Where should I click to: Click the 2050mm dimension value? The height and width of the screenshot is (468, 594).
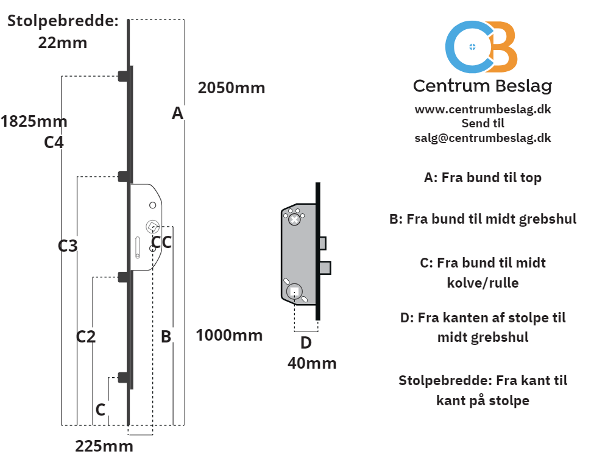pyautogui.click(x=231, y=88)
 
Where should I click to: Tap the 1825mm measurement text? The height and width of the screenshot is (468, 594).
pyautogui.click(x=34, y=122)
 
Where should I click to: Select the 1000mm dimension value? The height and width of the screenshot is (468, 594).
pyautogui.click(x=229, y=335)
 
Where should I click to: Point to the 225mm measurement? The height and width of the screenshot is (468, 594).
pyautogui.click(x=104, y=446)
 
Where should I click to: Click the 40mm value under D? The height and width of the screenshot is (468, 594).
pyautogui.click(x=312, y=363)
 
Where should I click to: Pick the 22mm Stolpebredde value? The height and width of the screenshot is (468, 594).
pyautogui.click(x=63, y=43)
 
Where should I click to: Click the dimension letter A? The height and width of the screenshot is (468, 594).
pyautogui.click(x=177, y=113)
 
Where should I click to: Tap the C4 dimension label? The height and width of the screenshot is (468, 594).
pyautogui.click(x=54, y=143)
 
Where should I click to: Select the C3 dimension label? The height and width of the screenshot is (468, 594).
pyautogui.click(x=68, y=246)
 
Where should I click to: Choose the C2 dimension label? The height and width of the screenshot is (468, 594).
pyautogui.click(x=86, y=336)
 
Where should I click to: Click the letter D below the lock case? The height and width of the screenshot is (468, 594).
pyautogui.click(x=306, y=342)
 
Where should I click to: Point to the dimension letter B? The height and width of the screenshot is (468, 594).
pyautogui.click(x=166, y=336)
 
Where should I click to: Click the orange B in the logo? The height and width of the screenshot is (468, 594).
pyautogui.click(x=501, y=47)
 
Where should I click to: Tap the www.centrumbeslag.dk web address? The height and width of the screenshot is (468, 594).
pyautogui.click(x=483, y=110)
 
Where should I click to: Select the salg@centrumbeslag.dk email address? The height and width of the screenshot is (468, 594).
pyautogui.click(x=483, y=138)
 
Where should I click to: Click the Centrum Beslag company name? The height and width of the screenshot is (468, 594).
pyautogui.click(x=483, y=86)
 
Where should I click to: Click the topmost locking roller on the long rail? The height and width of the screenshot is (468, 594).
pyautogui.click(x=124, y=76)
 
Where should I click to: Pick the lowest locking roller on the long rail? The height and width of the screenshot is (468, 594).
pyautogui.click(x=124, y=377)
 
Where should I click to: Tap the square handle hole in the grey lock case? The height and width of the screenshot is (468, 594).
pyautogui.click(x=294, y=292)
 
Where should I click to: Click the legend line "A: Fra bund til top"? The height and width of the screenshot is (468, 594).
pyautogui.click(x=483, y=178)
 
